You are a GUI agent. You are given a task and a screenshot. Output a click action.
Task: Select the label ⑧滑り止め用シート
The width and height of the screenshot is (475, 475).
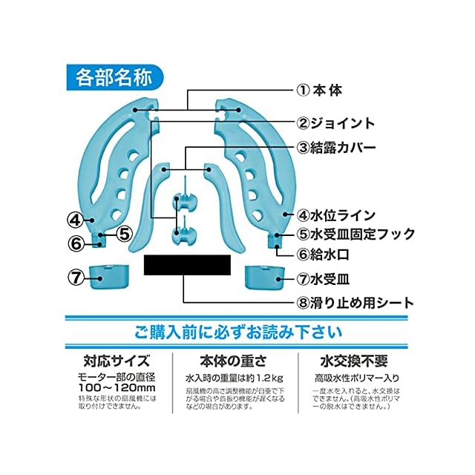(x=356, y=303)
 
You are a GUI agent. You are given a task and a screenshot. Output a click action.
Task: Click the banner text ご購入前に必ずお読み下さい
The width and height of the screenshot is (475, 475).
(x=237, y=331)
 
